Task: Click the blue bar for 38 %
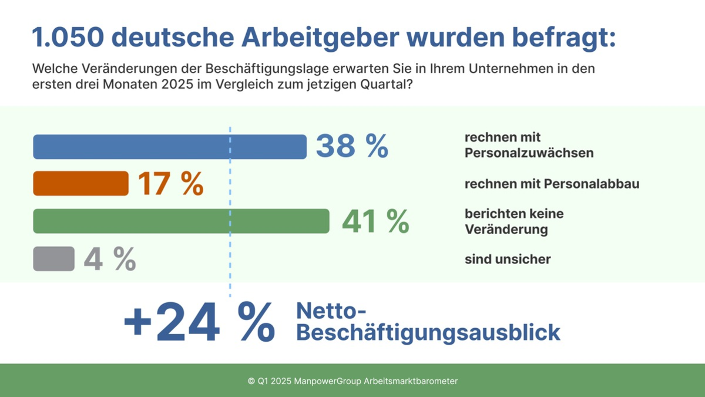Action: [x=170, y=147]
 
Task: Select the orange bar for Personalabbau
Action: [x=80, y=184]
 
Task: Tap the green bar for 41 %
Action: [x=181, y=221]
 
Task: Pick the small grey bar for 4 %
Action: [x=54, y=259]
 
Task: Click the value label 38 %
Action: [x=352, y=146]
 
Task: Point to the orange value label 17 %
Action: [x=170, y=184]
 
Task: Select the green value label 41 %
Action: [x=375, y=221]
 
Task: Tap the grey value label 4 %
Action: [x=110, y=259]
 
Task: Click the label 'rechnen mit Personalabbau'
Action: [x=552, y=184]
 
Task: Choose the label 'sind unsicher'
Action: [x=508, y=259]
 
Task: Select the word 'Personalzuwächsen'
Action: [x=529, y=153]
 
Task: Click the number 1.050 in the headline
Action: [x=66, y=38]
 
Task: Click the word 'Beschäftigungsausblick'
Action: [x=428, y=332]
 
